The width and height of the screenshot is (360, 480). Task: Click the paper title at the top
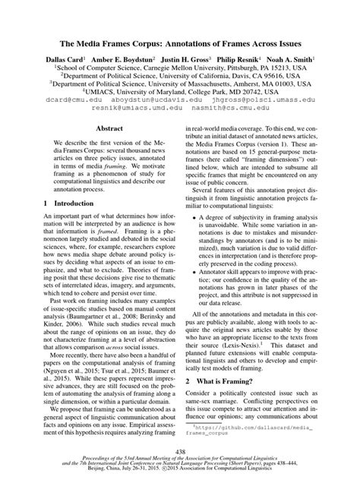pyautogui.click(x=180, y=44)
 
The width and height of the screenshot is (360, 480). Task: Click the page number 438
pyautogui.click(x=180, y=450)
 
